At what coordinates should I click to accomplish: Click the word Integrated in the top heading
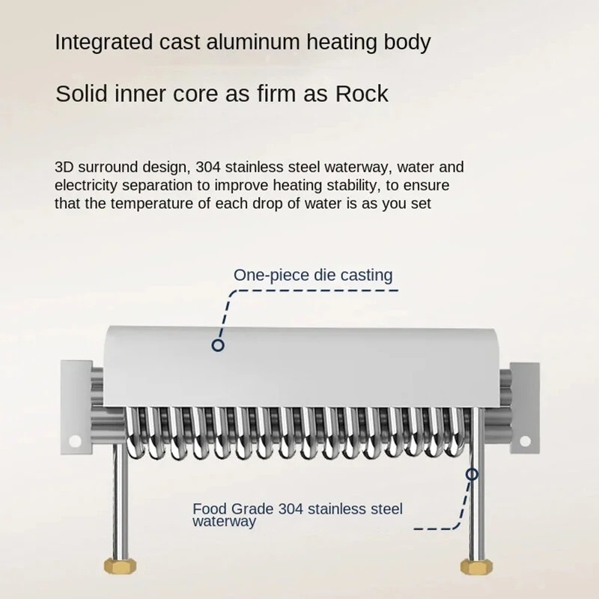coord(103,43)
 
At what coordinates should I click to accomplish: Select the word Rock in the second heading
coord(362,94)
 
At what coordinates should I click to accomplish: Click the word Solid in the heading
coord(82,94)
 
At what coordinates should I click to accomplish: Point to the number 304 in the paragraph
coord(208,167)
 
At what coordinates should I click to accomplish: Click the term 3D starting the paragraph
coord(64,167)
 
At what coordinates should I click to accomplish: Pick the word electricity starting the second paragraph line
coord(85,185)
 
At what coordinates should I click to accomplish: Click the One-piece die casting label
coord(313,275)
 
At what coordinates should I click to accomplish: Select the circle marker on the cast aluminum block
coord(218,345)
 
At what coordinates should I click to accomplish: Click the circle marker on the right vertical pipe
coord(472,475)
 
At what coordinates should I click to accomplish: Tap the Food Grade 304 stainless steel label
coord(297,509)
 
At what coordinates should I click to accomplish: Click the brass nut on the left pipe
coord(120,566)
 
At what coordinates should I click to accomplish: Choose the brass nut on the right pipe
coord(476,566)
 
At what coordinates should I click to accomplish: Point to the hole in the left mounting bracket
coord(75,441)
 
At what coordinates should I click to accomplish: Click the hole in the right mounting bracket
coord(526,441)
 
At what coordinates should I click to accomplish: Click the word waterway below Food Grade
coord(224,522)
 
